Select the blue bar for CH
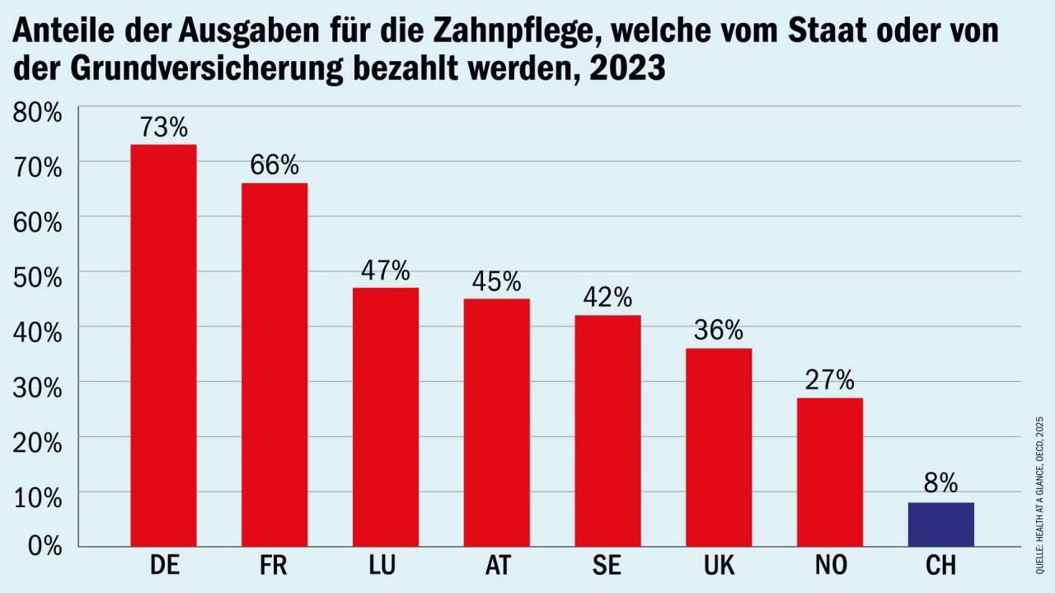[x=940, y=525]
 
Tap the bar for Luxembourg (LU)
[x=385, y=417]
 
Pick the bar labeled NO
[x=830, y=472]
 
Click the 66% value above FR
[x=274, y=165]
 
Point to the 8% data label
[x=940, y=482]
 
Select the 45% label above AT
[x=496, y=281]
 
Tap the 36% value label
[x=719, y=330]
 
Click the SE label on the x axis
[x=607, y=567]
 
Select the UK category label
[x=718, y=567]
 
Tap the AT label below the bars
[x=496, y=567]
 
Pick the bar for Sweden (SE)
[x=607, y=431]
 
